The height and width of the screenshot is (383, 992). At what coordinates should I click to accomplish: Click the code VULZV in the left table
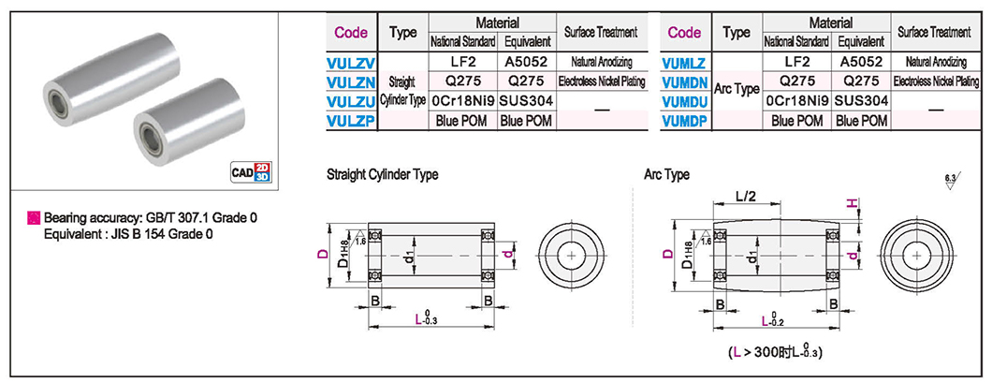(351, 63)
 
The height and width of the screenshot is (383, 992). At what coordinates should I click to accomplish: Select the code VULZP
(351, 121)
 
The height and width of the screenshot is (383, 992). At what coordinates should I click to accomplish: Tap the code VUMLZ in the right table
(684, 63)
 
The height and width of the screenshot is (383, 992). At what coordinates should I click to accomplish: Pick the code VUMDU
(684, 101)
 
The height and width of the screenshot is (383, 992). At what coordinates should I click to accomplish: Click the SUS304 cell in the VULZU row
(527, 100)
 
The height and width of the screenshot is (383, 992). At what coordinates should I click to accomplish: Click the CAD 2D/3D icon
(251, 172)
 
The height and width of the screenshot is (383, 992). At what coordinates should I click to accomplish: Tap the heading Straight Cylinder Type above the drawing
(382, 175)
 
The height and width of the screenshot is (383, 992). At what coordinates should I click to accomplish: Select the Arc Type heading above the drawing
(667, 174)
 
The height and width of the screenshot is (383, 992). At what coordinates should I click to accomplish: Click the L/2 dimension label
(747, 198)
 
